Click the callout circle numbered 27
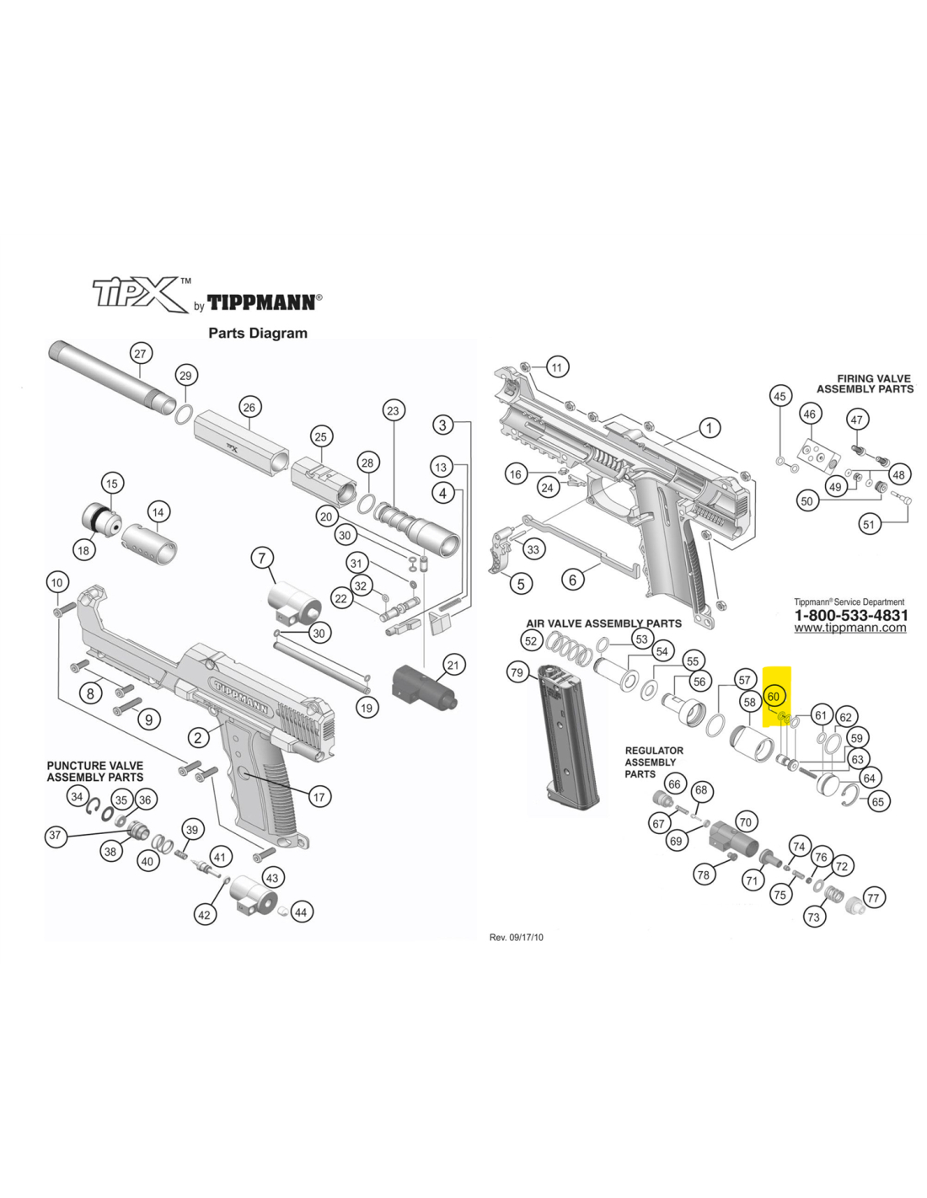140,353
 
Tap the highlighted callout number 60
774,697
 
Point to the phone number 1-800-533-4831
850,615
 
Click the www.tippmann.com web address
849,628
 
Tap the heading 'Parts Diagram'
258,333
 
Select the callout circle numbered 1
709,428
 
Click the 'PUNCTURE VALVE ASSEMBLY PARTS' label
94,771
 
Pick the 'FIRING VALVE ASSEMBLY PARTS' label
865,384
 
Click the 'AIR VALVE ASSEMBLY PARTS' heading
603,623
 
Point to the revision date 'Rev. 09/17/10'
516,937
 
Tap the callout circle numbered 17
319,797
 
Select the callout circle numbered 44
301,912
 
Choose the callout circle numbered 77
873,898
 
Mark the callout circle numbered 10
56,582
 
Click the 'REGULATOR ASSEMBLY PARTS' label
653,762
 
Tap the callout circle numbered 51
869,524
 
